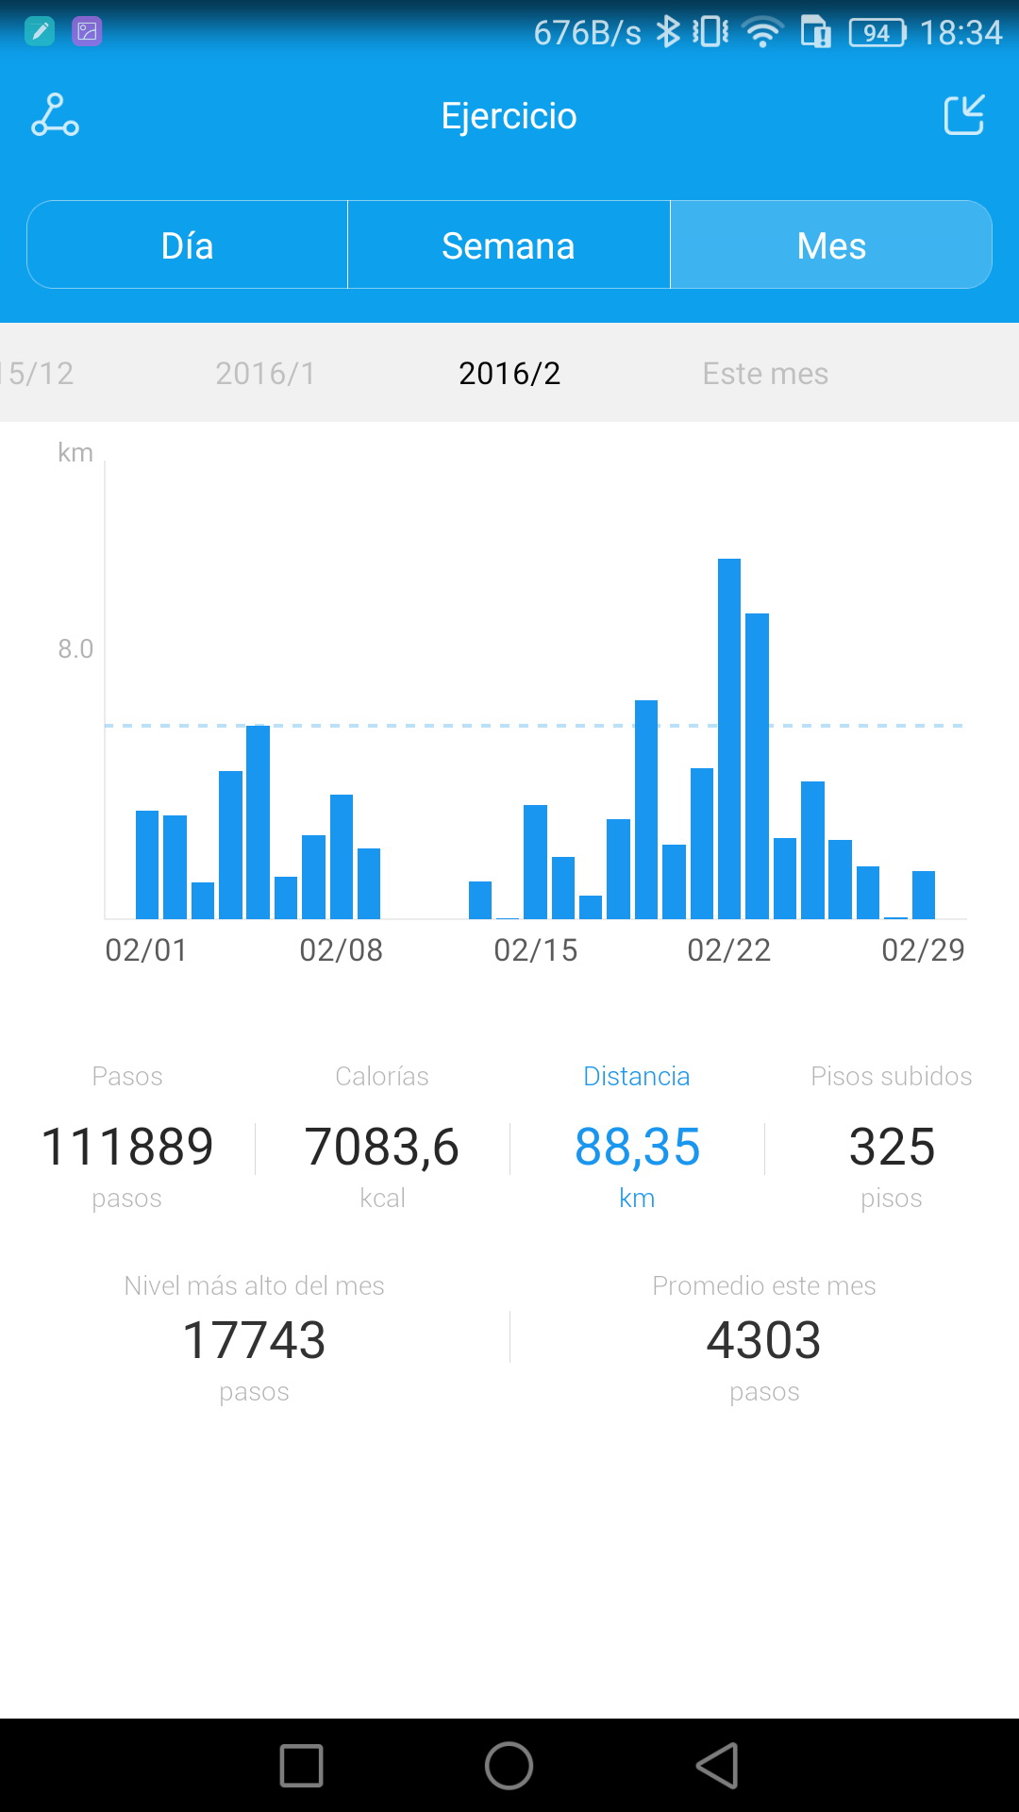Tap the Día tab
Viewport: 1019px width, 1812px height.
click(187, 245)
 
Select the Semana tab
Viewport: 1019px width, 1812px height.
click(509, 245)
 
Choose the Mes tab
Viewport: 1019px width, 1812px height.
click(830, 245)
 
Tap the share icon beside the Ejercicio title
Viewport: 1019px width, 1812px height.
click(964, 115)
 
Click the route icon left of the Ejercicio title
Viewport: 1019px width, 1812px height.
click(55, 115)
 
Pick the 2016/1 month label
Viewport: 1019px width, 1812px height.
click(265, 374)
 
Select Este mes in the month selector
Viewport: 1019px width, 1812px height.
click(765, 374)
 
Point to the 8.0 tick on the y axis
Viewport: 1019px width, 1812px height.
click(75, 649)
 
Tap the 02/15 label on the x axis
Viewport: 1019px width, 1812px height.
click(535, 949)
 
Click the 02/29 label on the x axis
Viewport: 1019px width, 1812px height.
click(923, 949)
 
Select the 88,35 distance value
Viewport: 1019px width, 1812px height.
click(637, 1148)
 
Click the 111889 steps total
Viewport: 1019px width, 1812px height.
click(127, 1148)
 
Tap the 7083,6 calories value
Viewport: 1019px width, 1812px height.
click(382, 1148)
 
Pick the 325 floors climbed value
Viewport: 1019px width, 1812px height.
click(892, 1148)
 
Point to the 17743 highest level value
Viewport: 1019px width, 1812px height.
click(254, 1340)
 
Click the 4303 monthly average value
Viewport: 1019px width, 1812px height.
click(764, 1340)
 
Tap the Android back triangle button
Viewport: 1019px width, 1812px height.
click(717, 1765)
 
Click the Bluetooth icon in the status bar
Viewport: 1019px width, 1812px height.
click(668, 32)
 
